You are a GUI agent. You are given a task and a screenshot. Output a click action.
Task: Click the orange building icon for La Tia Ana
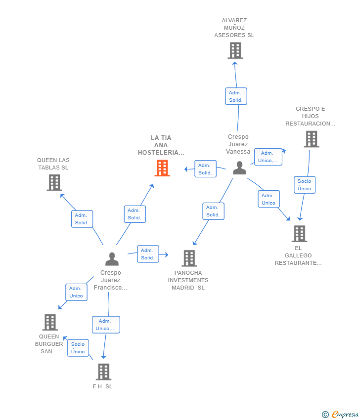162,168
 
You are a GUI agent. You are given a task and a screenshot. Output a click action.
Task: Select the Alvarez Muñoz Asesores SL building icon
235,50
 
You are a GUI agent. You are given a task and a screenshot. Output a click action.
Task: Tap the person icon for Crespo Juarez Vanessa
239,168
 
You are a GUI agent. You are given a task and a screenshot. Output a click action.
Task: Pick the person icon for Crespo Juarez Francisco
112,259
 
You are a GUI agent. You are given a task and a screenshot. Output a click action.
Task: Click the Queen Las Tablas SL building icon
54,182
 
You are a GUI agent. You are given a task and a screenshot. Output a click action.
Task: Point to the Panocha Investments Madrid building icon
189,258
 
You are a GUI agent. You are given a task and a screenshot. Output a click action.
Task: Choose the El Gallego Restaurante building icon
299,234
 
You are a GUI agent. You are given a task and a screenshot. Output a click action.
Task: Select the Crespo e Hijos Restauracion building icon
312,139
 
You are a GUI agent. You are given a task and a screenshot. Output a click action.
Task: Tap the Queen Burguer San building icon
50,322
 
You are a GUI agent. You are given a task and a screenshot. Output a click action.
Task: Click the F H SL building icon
103,372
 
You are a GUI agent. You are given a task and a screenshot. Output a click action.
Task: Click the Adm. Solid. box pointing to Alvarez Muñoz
236,96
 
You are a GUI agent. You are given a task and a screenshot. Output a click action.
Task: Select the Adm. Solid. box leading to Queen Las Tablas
82,219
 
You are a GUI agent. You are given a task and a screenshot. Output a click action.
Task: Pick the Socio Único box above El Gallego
305,185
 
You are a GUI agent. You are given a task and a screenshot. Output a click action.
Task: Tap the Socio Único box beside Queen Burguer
78,348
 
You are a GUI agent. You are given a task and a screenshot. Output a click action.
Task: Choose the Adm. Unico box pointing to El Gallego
269,199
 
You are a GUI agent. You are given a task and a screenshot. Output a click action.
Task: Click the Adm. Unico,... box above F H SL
106,325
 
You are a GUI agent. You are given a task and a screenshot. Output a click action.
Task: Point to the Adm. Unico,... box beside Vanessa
268,157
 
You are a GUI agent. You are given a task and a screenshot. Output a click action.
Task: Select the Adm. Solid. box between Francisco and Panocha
148,254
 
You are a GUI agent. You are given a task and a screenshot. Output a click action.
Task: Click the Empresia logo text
345,415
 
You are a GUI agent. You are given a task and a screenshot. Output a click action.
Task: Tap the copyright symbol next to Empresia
325,415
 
